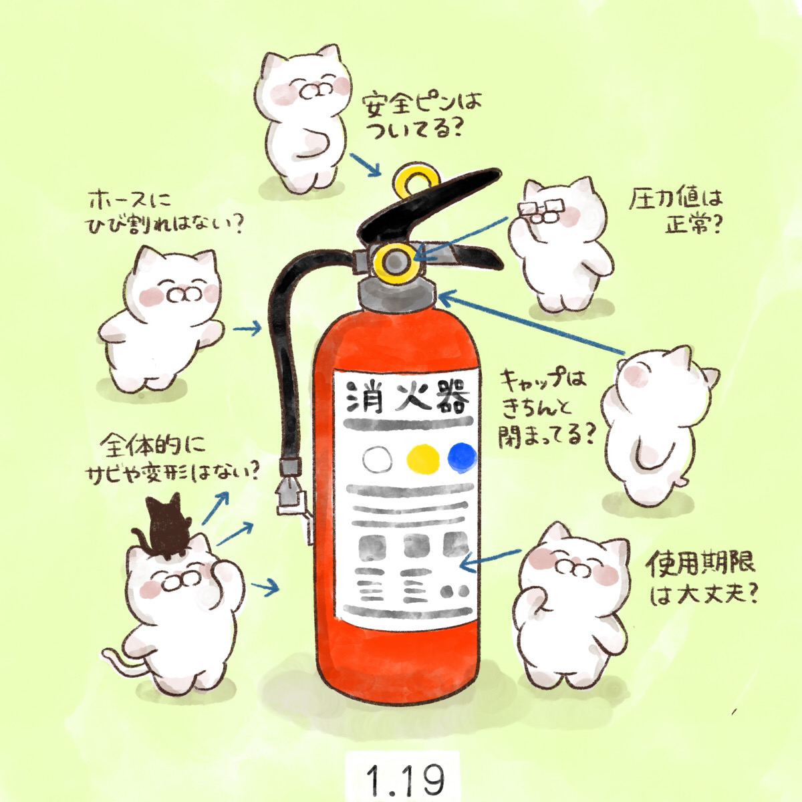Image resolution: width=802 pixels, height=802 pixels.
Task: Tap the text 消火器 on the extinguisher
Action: click(x=408, y=398)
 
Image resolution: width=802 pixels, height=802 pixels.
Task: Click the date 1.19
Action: click(x=405, y=779)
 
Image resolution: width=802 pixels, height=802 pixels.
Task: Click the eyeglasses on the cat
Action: click(x=542, y=210)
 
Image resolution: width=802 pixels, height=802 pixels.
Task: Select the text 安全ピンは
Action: click(x=421, y=108)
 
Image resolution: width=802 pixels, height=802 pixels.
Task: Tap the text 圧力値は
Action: click(x=675, y=200)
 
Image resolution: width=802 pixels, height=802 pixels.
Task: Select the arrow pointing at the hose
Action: click(x=247, y=329)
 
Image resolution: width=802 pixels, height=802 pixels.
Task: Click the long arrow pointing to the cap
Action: click(x=531, y=323)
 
